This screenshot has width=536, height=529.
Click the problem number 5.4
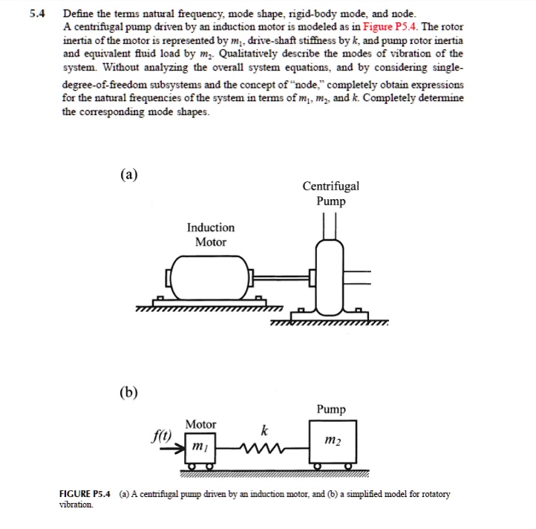(35, 13)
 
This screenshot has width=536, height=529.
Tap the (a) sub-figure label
(128, 175)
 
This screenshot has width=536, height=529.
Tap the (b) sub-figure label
(128, 392)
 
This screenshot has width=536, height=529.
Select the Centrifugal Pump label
(330, 193)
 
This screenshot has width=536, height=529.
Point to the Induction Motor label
(210, 234)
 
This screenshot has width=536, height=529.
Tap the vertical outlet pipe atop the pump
(330, 223)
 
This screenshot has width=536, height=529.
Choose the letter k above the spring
(264, 430)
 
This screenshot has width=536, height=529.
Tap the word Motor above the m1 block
(200, 424)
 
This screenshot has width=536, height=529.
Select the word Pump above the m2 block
(330, 409)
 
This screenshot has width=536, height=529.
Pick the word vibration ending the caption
(75, 504)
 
